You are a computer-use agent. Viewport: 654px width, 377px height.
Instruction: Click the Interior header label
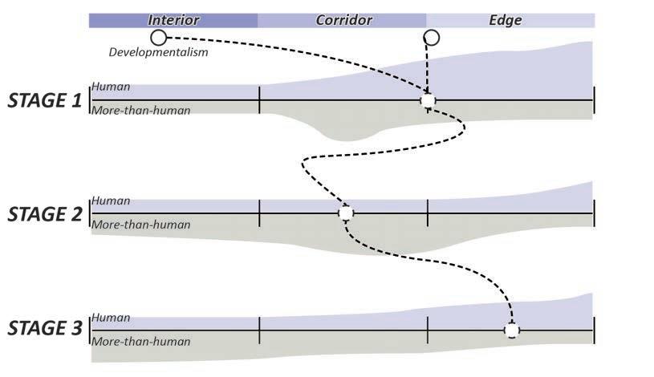tap(173, 20)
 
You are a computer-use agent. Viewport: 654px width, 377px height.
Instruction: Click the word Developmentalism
tap(158, 53)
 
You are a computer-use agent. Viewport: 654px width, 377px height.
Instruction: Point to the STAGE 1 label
tap(44, 100)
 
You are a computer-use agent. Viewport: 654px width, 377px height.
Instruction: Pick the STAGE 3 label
tap(44, 328)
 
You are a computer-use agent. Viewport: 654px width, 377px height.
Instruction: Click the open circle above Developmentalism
tap(158, 37)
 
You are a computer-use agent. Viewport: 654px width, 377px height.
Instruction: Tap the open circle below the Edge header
tap(431, 37)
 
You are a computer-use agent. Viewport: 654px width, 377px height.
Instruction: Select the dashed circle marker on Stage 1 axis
tap(428, 100)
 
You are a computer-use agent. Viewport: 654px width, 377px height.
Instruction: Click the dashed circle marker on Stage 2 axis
tap(345, 213)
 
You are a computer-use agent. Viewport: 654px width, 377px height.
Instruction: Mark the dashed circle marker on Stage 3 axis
tap(511, 330)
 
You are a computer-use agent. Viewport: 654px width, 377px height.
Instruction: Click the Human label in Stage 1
tap(111, 87)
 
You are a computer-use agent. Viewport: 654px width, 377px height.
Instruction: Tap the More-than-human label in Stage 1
tap(141, 111)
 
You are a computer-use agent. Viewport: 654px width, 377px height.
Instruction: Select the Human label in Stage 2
tap(111, 201)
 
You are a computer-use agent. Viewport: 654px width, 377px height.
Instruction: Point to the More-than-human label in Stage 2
tap(141, 225)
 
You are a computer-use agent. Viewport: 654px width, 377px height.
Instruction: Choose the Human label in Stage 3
tap(111, 318)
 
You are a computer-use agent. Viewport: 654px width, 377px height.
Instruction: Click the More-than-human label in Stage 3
tap(141, 342)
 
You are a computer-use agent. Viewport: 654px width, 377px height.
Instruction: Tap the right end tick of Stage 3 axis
tap(594, 330)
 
